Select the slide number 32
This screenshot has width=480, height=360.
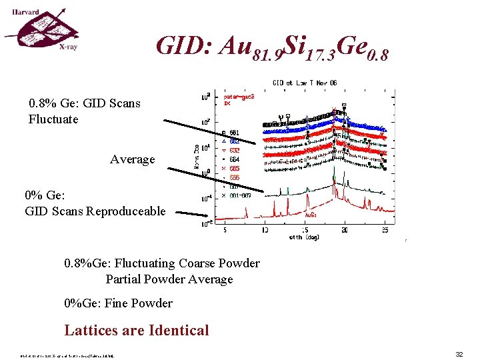[x=459, y=354]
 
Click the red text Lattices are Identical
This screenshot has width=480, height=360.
[x=137, y=330]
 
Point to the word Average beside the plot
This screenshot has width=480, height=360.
[x=132, y=159]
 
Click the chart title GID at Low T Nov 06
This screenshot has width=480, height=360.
[x=305, y=83]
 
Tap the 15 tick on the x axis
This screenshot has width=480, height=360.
[x=305, y=230]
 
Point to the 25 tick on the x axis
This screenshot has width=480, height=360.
[x=385, y=230]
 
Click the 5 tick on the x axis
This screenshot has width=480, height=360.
[x=225, y=230]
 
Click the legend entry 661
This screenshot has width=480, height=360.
[x=233, y=132]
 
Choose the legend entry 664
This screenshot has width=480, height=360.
[x=233, y=159]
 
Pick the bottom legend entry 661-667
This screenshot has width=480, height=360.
[x=239, y=195]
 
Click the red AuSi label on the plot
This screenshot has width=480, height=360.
[x=311, y=215]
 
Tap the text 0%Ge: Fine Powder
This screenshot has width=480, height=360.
[x=119, y=303]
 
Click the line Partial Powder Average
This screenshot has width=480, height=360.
[x=169, y=279]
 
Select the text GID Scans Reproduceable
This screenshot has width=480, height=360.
[x=95, y=211]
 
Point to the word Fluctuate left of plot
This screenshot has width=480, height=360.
[x=53, y=119]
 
